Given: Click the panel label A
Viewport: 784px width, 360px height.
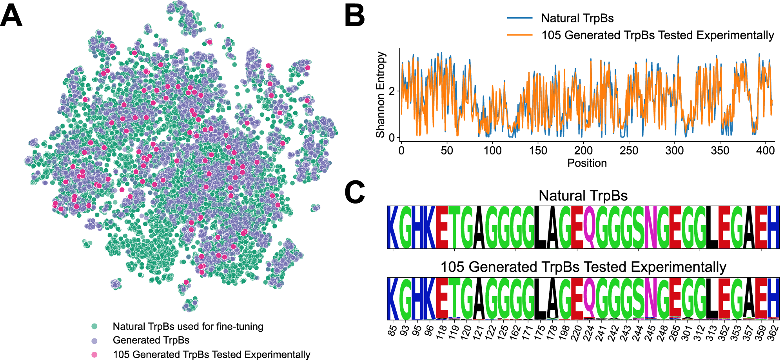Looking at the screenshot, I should click(11, 16).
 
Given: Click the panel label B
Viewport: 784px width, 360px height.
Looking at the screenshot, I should click(354, 16).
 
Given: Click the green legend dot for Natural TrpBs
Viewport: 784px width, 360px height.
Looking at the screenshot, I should click(94, 326).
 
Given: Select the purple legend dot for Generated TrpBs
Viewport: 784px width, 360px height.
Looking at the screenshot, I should click(94, 340).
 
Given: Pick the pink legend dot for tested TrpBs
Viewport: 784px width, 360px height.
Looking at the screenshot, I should click(94, 355).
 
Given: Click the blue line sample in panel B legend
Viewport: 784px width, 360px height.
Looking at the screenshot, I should click(520, 18).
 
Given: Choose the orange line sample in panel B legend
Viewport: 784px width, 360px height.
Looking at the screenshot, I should click(520, 35).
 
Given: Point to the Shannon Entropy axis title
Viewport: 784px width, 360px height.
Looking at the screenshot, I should click(380, 95).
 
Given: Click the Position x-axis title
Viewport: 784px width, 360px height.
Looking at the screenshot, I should click(587, 163).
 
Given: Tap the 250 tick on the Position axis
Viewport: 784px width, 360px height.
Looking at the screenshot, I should click(629, 151).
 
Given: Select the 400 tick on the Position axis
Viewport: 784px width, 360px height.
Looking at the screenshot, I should click(765, 151).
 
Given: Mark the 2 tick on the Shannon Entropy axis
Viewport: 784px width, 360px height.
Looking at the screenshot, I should click(391, 91).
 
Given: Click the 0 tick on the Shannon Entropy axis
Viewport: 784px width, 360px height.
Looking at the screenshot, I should click(391, 138).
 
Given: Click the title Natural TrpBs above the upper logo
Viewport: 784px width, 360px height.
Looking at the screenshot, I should click(583, 195).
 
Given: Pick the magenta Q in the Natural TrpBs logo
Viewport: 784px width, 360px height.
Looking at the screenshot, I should click(589, 227).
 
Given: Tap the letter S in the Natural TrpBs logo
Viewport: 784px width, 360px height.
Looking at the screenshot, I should click(638, 227).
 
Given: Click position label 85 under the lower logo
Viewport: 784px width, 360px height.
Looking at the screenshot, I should click(392, 331).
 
